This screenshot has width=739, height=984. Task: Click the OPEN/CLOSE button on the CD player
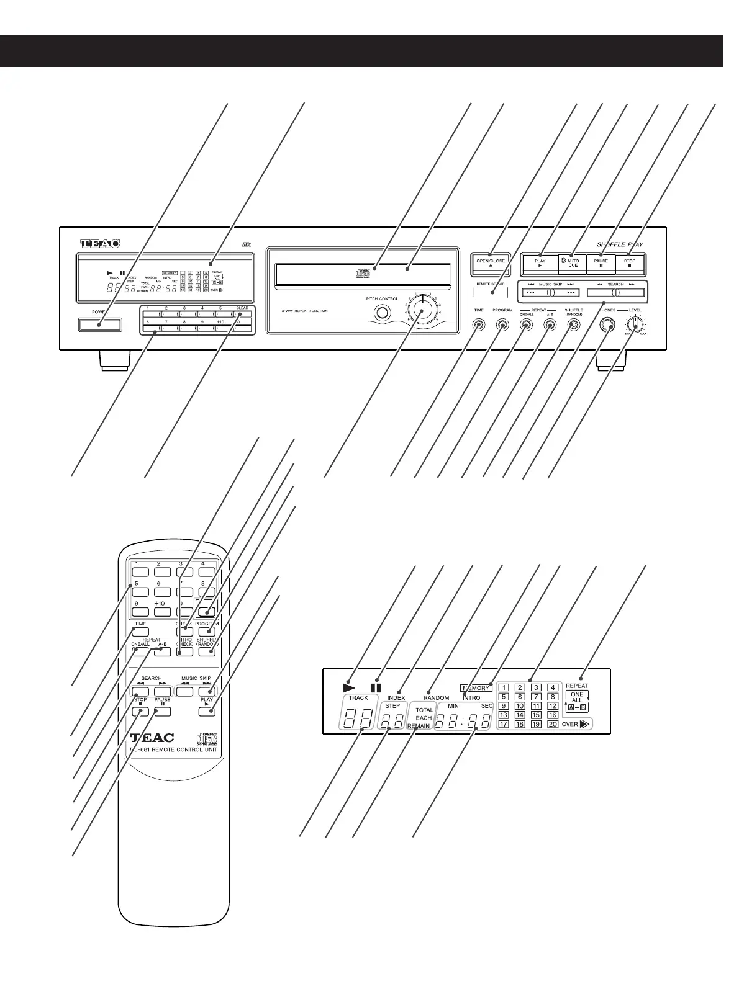click(x=491, y=264)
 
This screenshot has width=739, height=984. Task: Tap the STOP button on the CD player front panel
click(x=630, y=264)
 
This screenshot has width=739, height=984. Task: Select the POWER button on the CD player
click(x=100, y=324)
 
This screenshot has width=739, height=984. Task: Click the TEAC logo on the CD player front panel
click(x=99, y=244)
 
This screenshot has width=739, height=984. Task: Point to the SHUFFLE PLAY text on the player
click(x=620, y=244)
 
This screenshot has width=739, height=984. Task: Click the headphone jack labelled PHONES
click(x=607, y=324)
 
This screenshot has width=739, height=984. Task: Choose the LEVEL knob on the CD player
click(x=635, y=324)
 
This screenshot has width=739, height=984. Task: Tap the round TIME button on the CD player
click(x=479, y=324)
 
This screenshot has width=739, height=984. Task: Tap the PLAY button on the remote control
click(x=206, y=711)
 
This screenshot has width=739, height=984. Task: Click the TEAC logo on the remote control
click(x=153, y=738)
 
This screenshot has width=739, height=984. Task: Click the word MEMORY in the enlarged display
click(x=476, y=687)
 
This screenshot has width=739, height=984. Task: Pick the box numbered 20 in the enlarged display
click(x=552, y=724)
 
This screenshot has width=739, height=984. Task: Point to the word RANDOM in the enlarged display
click(x=436, y=697)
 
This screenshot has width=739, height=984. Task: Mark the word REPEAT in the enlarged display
click(x=576, y=686)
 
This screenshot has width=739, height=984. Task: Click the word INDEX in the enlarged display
click(x=396, y=697)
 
